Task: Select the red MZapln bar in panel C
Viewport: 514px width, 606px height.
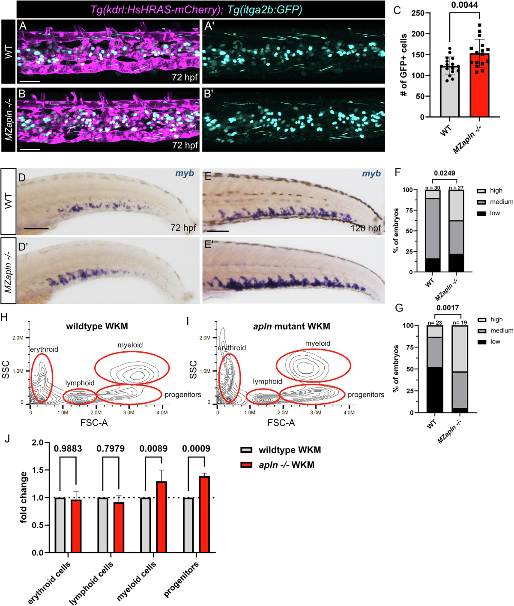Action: point(479,86)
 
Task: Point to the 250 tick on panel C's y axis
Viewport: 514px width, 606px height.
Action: point(418,13)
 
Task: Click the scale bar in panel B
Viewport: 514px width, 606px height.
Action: point(30,149)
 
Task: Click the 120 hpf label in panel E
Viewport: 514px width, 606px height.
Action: point(366,228)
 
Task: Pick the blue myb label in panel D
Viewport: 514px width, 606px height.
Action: point(185,173)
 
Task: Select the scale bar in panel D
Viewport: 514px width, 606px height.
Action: point(36,228)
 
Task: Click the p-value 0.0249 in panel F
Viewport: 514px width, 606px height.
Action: point(444,173)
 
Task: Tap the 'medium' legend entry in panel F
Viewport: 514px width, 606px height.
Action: point(501,202)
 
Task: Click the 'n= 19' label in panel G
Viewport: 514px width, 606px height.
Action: point(460,322)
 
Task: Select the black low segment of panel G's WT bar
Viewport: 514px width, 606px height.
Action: point(435,390)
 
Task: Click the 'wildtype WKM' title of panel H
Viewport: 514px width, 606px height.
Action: point(97,326)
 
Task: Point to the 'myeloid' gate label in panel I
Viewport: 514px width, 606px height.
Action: point(317,343)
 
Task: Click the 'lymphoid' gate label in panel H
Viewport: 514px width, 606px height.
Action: point(80,383)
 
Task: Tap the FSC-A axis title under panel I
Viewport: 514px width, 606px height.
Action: point(281,423)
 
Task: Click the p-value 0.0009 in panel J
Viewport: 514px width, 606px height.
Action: point(196,449)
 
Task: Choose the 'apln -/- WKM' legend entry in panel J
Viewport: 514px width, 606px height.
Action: point(286,465)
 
